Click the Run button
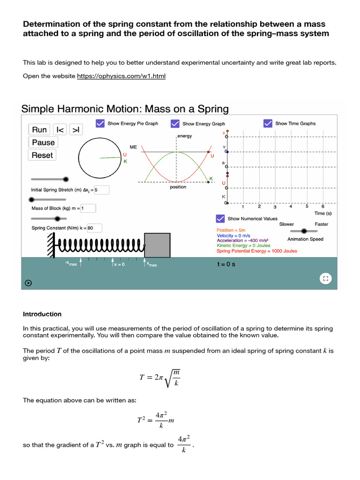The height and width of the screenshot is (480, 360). click(x=40, y=130)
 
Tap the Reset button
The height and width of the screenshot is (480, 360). click(x=42, y=155)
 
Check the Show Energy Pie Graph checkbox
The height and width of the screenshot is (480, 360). click(x=100, y=123)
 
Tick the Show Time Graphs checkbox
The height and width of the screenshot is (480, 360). click(x=268, y=123)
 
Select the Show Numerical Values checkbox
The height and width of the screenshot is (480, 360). click(x=220, y=218)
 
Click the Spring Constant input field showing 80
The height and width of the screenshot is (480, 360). click(x=94, y=228)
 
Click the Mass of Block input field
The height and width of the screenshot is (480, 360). click(x=88, y=208)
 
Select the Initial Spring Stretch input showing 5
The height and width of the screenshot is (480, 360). click(x=101, y=190)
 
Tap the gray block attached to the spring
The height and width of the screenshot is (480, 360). click(x=157, y=245)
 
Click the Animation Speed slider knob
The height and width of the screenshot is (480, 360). click(x=304, y=231)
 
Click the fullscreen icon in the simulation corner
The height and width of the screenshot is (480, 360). click(x=325, y=278)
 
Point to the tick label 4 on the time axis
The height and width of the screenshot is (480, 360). click(x=291, y=206)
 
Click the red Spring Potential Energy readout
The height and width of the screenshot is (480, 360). click(x=257, y=251)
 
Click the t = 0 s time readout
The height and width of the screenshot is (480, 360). click(x=226, y=264)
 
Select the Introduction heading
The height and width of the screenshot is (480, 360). click(x=42, y=314)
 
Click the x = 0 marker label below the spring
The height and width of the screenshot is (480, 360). click(x=119, y=265)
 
